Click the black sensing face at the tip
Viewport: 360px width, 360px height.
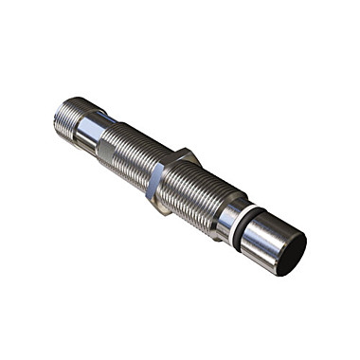pyautogui.click(x=291, y=253)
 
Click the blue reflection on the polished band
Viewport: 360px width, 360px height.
pyautogui.click(x=106, y=118)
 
